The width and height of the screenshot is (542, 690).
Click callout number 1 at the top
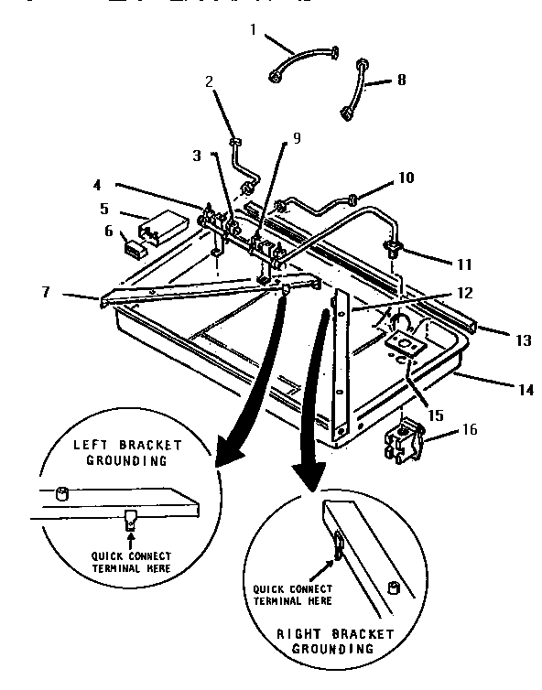(254, 30)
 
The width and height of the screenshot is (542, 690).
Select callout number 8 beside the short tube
(400, 81)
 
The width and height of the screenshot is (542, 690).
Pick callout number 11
(466, 264)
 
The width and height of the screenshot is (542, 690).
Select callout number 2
(209, 81)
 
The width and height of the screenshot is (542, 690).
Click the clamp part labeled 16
(406, 440)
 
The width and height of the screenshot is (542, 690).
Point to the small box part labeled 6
(135, 246)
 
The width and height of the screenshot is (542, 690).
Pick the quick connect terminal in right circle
(339, 546)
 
